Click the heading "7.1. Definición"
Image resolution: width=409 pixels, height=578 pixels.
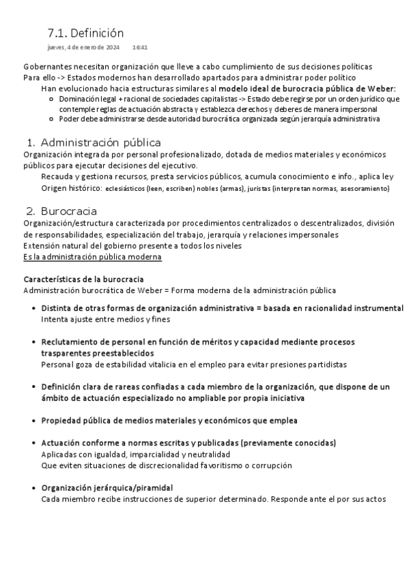pos(85,33)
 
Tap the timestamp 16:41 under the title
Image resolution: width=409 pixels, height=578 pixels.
pos(140,48)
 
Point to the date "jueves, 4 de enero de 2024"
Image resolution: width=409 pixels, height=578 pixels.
pos(83,48)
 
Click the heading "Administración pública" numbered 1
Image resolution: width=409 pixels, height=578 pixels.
pos(100,142)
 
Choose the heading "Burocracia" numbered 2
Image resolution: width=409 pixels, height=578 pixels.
pos(68,211)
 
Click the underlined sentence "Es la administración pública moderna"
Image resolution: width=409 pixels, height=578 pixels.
pos(92,256)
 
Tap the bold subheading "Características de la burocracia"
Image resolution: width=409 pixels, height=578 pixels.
pos(83,279)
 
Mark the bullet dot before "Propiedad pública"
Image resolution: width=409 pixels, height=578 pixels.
pos(33,420)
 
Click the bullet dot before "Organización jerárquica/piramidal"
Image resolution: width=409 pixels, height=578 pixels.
pos(33,488)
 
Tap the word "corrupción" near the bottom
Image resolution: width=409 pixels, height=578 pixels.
pos(270,466)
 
